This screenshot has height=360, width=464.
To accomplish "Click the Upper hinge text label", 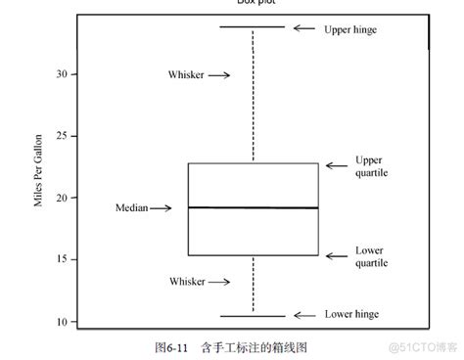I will tap(349, 29).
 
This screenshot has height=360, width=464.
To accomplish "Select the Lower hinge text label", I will tap(349, 314).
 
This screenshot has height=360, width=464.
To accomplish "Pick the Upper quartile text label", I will tap(371, 165).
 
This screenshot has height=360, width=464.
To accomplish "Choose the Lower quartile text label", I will tap(371, 256).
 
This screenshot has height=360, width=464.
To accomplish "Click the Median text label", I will tap(131, 208).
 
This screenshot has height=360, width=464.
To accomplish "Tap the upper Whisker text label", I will tap(186, 74).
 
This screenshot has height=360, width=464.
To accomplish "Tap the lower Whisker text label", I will tap(186, 283).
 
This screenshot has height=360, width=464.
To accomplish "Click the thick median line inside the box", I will tap(253, 207).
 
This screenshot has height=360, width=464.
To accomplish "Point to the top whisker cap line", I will tap(253, 27).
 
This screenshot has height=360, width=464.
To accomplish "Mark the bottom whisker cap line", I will tap(253, 315).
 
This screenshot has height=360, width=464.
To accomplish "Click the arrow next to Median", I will tap(161, 208).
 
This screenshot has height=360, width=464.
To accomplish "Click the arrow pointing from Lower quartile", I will tap(336, 256).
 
